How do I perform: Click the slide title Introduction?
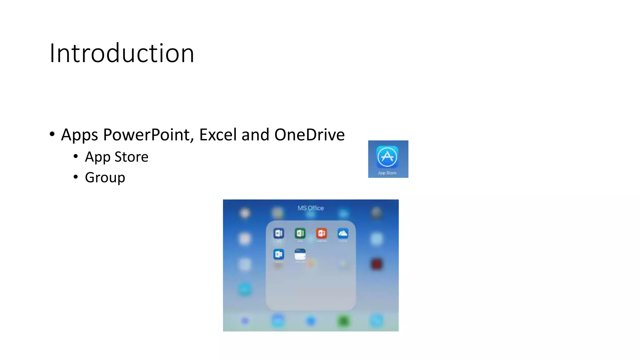coord(122,53)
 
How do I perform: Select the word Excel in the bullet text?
coord(218,135)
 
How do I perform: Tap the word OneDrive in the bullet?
coord(309,135)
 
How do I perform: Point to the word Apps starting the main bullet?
coord(79,135)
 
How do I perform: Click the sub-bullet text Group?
coord(105,177)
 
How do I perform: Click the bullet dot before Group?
coord(76,177)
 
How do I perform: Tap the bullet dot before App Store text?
coord(76,156)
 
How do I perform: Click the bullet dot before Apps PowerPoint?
coord(52,134)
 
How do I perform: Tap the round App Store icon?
coord(387,157)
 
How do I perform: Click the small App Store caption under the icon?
coord(387,173)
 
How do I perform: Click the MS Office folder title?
coord(311,208)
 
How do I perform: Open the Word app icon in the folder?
coord(279,233)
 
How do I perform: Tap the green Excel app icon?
coord(300,233)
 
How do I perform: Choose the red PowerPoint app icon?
coord(322,233)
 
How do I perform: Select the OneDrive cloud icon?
coord(343,233)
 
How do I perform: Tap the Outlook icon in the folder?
coord(279,254)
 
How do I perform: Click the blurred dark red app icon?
coord(377,264)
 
